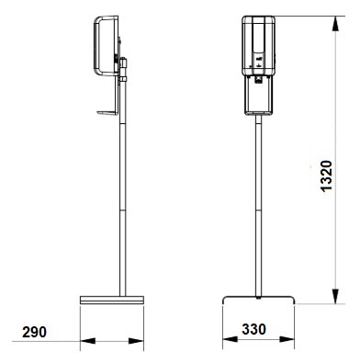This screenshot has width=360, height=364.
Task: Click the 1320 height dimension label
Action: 326,176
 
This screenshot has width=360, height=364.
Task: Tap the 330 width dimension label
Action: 253,329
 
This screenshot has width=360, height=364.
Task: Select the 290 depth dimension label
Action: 34,332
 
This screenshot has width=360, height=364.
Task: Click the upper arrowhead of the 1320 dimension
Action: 335,23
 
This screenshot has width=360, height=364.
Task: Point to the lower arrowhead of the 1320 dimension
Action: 335,296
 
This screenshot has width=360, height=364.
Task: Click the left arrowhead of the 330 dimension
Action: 231,339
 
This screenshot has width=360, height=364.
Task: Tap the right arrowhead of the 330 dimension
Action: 287,339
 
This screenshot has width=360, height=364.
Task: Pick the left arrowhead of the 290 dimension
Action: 88,341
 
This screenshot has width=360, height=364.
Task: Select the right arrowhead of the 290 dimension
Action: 136,341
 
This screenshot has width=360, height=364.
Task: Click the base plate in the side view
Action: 112,300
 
